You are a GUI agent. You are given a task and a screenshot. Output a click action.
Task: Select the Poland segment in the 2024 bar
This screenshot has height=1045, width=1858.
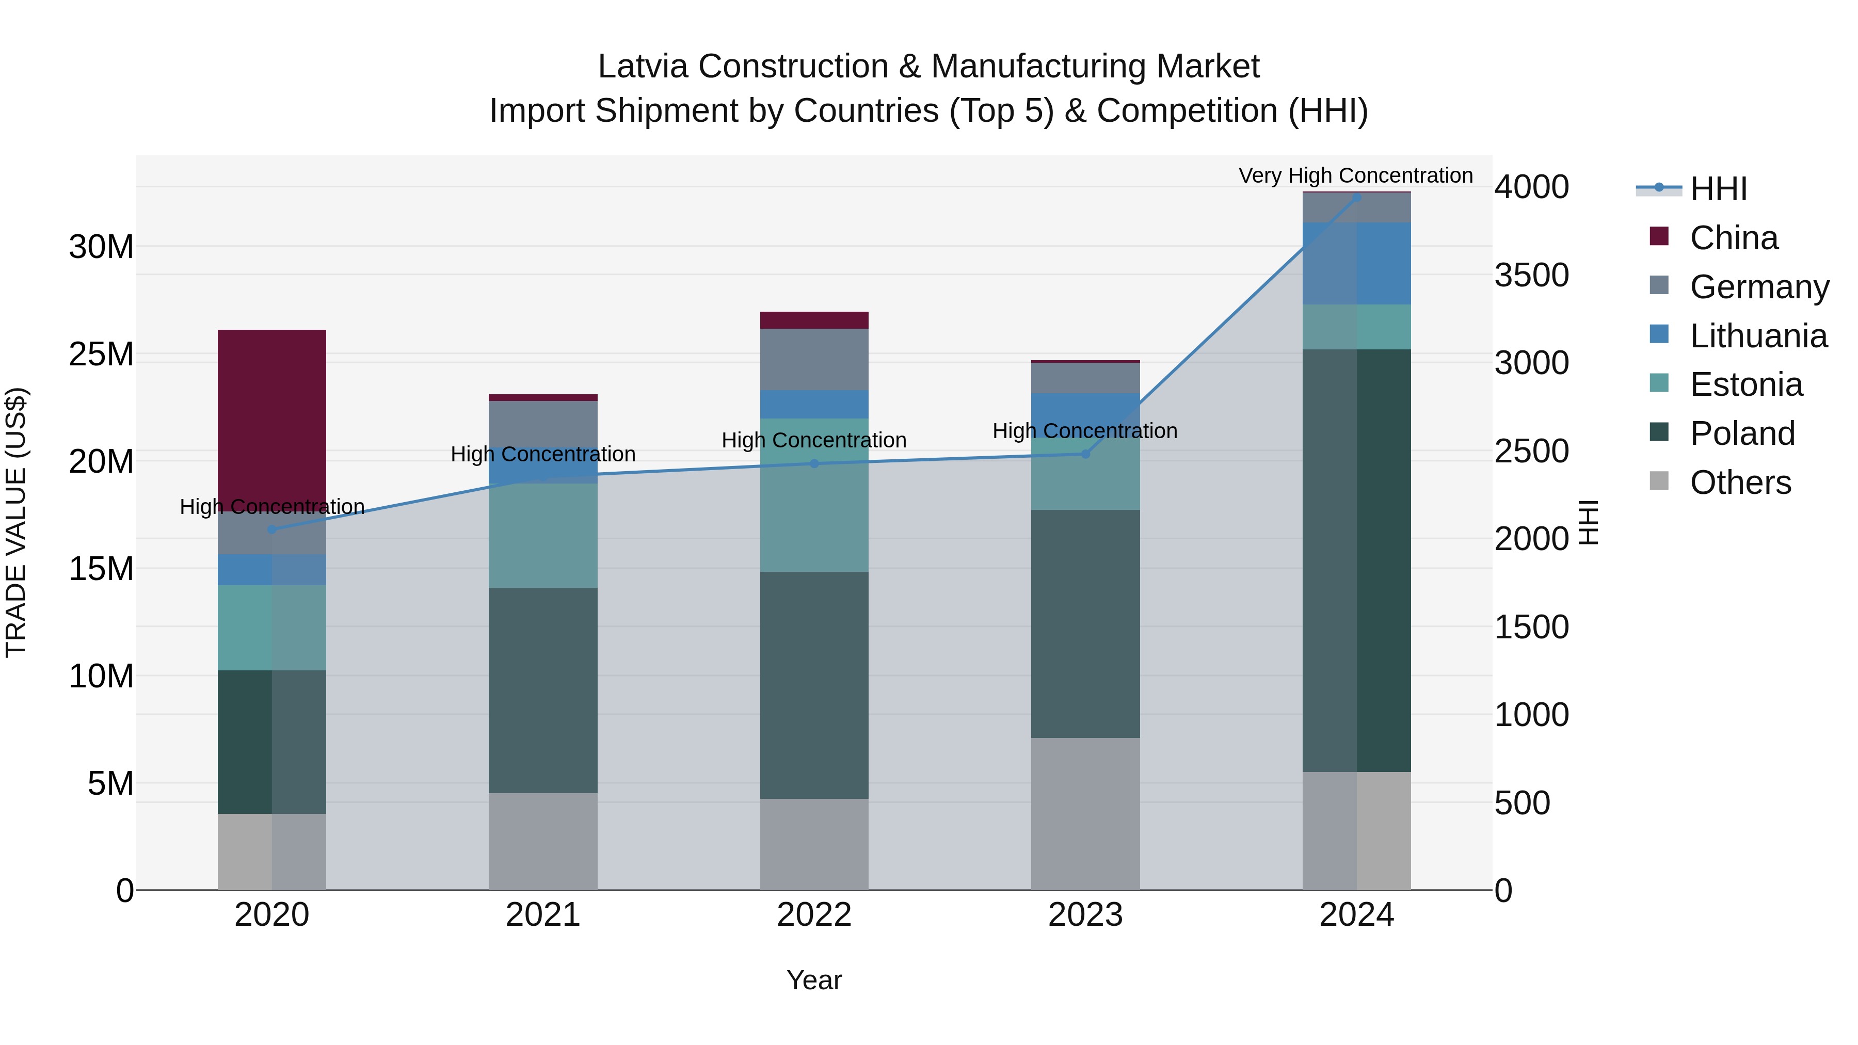(x=1356, y=560)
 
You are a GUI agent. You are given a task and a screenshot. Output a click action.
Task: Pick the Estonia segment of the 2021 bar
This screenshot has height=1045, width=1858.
(x=542, y=535)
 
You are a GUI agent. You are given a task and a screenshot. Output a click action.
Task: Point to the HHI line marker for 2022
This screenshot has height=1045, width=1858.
(x=814, y=464)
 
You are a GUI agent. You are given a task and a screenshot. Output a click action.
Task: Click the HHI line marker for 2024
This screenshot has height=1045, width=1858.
(x=1356, y=197)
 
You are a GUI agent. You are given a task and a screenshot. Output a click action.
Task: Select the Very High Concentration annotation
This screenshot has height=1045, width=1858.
(x=1355, y=175)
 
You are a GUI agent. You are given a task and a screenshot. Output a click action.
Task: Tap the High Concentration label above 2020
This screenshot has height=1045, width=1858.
(x=272, y=507)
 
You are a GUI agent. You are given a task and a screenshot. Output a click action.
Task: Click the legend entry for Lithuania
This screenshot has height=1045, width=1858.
(x=1758, y=336)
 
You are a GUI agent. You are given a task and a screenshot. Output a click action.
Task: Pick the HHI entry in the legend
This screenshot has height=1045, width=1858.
(x=1718, y=189)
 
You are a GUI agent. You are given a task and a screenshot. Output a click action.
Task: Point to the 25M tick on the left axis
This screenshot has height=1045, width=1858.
(x=101, y=354)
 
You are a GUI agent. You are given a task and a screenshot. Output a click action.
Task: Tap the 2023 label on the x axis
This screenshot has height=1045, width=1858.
(x=1085, y=915)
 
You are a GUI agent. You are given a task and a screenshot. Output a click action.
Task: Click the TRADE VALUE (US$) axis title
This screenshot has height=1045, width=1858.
(x=16, y=522)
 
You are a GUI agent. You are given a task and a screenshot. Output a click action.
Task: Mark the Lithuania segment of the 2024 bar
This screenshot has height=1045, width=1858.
(x=1356, y=263)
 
